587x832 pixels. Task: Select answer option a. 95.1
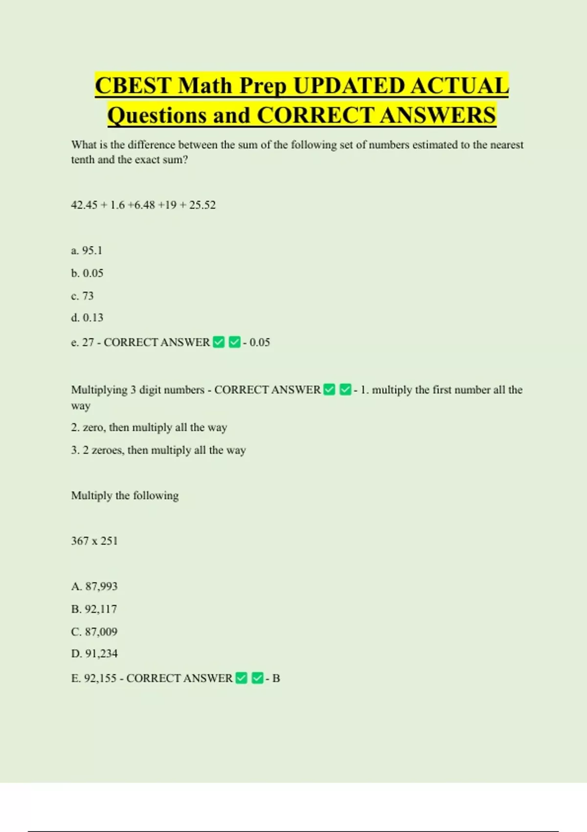(87, 251)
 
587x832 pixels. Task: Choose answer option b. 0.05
(87, 273)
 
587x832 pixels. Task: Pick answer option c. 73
(82, 296)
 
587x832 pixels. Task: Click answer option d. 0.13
(87, 318)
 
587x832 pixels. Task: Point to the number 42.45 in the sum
(84, 205)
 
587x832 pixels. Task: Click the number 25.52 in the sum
(203, 205)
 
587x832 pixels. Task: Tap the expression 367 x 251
(94, 541)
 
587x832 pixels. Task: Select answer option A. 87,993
(94, 586)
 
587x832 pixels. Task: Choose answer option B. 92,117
(94, 609)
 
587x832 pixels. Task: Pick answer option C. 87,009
(94, 632)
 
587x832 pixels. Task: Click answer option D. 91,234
(94, 654)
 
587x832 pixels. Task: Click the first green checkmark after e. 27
(219, 342)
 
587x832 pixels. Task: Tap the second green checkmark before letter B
(258, 678)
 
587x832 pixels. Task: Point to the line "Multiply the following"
(125, 496)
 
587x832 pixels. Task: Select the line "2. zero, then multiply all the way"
(149, 428)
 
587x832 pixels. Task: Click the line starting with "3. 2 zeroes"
(158, 450)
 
